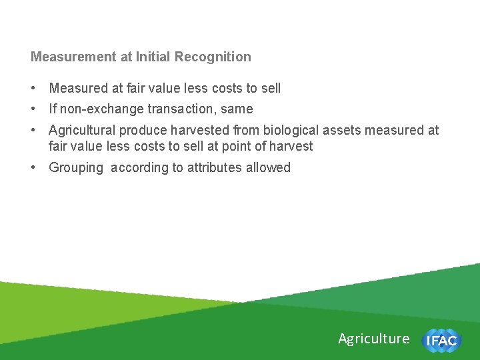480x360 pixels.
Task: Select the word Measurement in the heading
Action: (74, 57)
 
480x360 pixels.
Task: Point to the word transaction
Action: (178, 109)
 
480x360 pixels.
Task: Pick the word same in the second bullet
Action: (239, 109)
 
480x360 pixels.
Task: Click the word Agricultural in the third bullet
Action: (83, 131)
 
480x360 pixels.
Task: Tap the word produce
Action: (142, 131)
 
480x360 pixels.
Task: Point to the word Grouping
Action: (76, 168)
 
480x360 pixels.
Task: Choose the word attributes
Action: (215, 168)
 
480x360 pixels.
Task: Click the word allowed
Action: (269, 168)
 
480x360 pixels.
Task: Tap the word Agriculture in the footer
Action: (373, 339)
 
